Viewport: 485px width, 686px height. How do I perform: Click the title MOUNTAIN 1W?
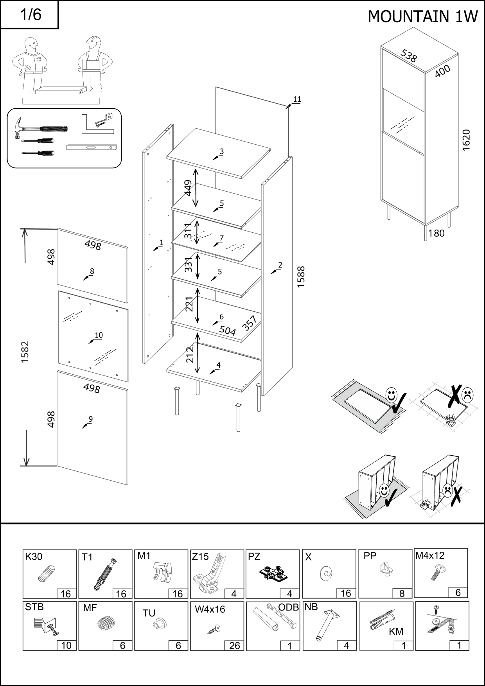[423, 16]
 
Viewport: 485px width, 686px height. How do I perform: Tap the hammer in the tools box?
[39, 129]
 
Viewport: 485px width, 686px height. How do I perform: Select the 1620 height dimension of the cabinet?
[466, 140]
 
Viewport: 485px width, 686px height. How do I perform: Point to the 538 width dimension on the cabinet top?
[409, 56]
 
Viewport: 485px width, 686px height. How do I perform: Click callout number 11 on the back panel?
[297, 99]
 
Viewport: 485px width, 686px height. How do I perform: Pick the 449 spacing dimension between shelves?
[189, 188]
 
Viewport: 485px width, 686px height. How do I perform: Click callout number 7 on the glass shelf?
[221, 238]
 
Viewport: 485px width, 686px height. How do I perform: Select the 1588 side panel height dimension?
[301, 277]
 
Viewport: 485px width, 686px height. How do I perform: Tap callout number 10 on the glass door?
[99, 335]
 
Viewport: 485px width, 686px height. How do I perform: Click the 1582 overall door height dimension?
[25, 352]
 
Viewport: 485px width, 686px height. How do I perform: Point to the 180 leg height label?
[436, 233]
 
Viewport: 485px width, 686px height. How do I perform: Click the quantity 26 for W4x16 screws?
[234, 646]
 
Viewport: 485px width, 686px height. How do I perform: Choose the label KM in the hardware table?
[396, 632]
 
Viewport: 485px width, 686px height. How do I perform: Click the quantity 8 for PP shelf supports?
[402, 593]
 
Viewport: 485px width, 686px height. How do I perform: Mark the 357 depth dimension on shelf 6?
[249, 323]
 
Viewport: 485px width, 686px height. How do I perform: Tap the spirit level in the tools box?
[92, 147]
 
